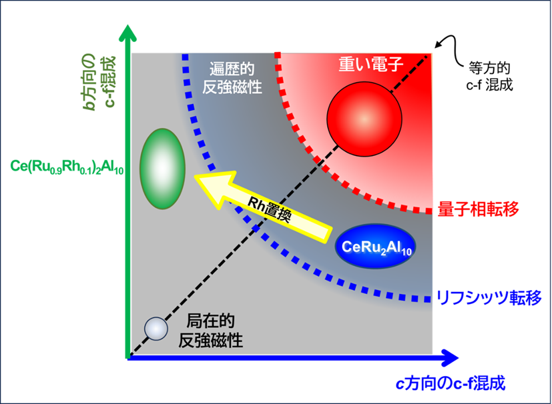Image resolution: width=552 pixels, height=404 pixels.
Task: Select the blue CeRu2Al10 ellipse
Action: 375,245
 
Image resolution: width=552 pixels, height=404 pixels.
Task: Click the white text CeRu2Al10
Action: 375,246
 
